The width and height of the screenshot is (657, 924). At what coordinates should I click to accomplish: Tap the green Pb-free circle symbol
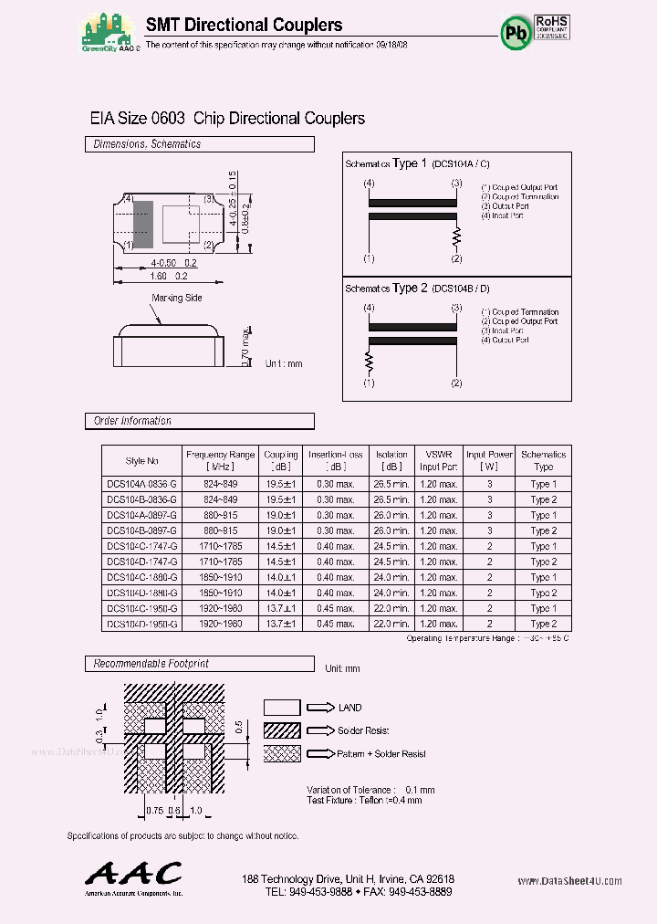[x=514, y=32]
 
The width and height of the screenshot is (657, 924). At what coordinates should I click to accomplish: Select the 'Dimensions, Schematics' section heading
[x=147, y=144]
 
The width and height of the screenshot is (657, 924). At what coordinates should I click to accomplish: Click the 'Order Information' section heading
[x=132, y=421]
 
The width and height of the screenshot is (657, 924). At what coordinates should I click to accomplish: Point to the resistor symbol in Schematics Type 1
[x=457, y=236]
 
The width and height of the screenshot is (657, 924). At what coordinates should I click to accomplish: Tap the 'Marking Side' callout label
[x=177, y=298]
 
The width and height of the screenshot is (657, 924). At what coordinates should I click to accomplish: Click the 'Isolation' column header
[x=391, y=455]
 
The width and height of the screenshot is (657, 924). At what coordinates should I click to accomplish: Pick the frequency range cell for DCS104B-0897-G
[x=221, y=530]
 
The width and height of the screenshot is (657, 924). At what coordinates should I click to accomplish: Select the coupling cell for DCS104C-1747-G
[x=281, y=546]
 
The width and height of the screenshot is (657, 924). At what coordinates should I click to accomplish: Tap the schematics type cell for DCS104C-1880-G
[x=543, y=577]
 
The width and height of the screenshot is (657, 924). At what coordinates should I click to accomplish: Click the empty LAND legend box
[x=281, y=707]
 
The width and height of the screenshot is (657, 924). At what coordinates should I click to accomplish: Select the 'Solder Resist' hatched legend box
[x=281, y=730]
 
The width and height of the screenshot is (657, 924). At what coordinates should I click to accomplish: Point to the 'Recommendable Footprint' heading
[x=151, y=664]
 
